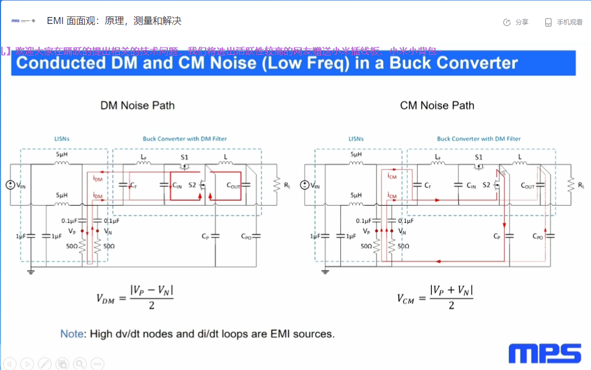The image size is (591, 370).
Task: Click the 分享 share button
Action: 516,22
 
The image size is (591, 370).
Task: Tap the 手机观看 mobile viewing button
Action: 564,22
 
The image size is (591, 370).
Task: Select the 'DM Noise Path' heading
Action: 137,105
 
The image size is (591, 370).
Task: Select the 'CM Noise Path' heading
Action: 437,105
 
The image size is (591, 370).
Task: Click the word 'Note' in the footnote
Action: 72,334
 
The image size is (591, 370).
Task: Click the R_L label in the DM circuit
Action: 288,185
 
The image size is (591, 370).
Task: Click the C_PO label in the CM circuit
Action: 538,236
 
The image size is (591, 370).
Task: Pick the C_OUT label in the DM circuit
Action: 233,186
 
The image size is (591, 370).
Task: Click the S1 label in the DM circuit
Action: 184,157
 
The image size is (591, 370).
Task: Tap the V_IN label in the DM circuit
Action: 21,185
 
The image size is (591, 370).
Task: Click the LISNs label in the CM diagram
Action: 356,139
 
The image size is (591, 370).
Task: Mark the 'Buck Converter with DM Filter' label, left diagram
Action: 184,139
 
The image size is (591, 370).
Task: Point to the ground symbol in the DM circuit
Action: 31,272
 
